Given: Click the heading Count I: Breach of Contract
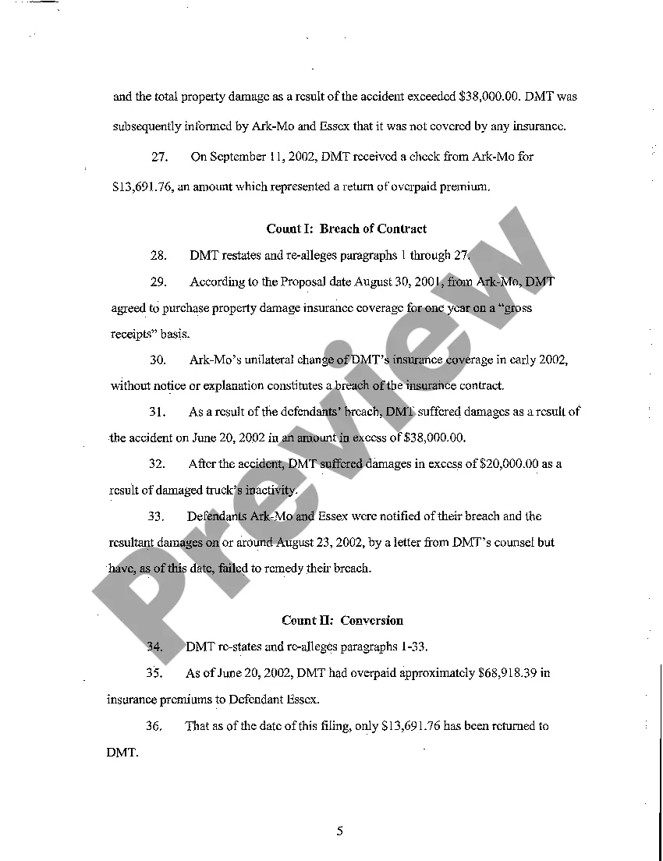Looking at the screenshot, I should (346, 229).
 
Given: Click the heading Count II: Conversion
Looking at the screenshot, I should (342, 621).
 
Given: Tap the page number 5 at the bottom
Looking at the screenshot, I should (340, 831).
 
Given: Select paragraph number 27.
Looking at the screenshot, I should (160, 157).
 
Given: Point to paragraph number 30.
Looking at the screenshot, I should (158, 360).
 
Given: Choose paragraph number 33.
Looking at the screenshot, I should (158, 516).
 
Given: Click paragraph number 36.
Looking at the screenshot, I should (154, 726).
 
